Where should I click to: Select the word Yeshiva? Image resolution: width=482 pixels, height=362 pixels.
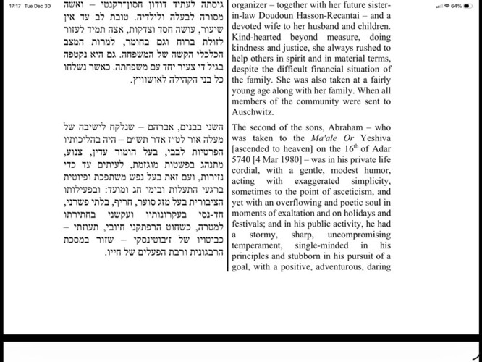coord(372,140)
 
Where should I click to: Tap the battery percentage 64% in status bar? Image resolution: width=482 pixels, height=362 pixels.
coord(457,6)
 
